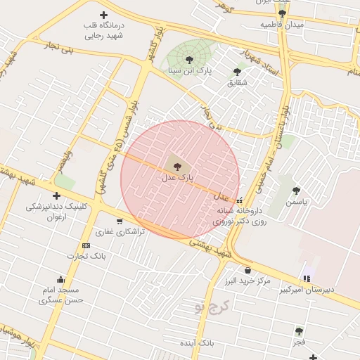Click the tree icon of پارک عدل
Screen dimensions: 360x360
pos(176,166)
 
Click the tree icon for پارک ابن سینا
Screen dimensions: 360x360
pos(188,58)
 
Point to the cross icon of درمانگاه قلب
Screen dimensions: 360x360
pos(104,15)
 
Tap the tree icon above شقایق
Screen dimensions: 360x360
pos(237,71)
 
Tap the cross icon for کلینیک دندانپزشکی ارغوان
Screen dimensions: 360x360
pos(56,195)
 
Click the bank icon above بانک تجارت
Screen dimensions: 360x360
pos(86,245)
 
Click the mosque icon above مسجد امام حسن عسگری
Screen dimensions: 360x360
pos(61,278)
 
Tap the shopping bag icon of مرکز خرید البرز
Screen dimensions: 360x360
pos(247,270)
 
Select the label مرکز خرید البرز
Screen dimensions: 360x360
pos(252,281)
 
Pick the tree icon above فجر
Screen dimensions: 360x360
pos(299,330)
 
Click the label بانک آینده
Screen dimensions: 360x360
pos(196,342)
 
